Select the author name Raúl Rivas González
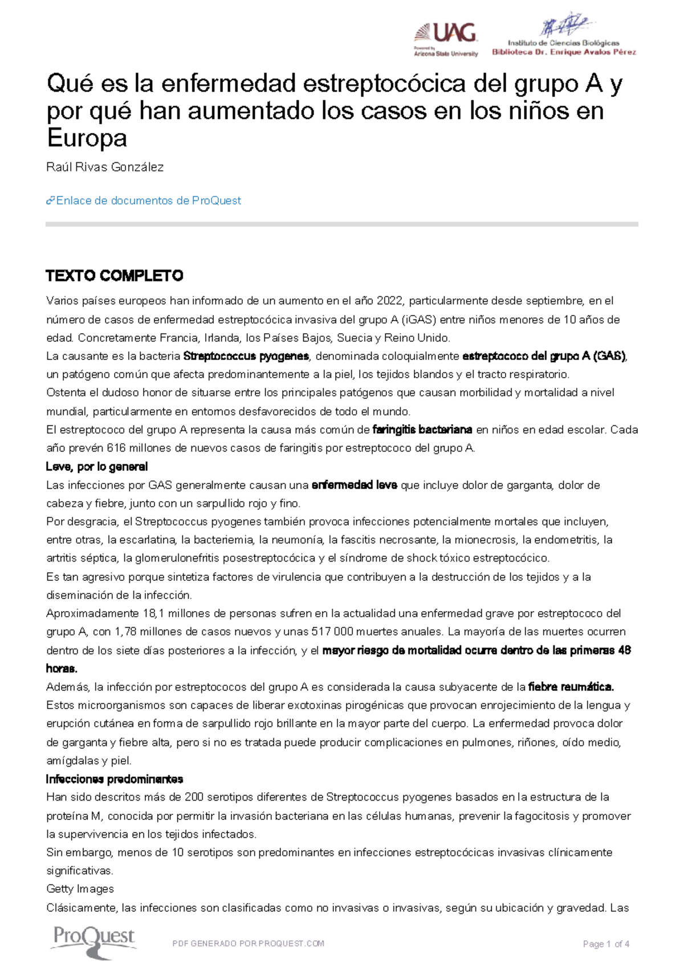click(105, 167)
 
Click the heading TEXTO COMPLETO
click(114, 276)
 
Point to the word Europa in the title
click(87, 138)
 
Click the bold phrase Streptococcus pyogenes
click(246, 357)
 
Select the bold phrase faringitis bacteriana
click(422, 430)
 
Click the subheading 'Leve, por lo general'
click(96, 467)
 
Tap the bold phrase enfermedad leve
click(354, 485)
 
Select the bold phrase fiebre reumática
click(571, 687)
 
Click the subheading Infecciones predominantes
click(114, 779)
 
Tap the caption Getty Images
click(80, 889)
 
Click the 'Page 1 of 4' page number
click(606, 944)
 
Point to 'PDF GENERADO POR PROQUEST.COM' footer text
click(248, 944)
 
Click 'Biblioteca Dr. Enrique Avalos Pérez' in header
click(564, 52)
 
